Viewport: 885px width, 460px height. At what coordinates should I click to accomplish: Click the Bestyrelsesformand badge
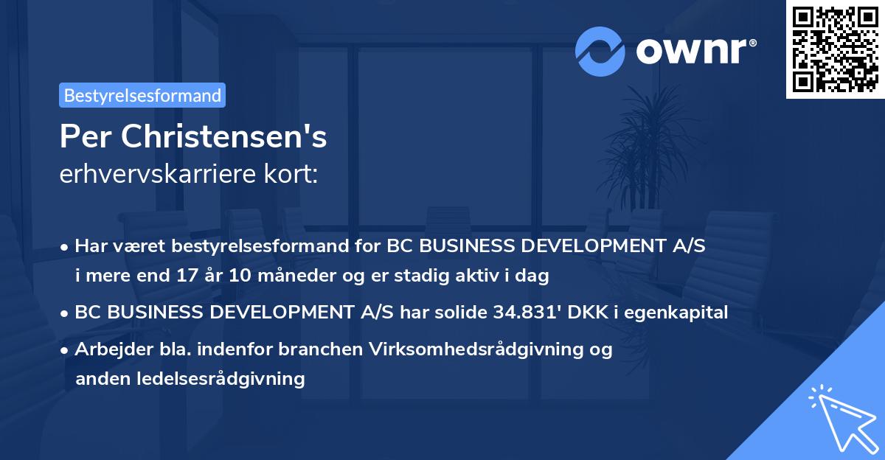point(142,95)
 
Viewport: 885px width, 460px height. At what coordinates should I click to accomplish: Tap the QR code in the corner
point(836,49)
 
